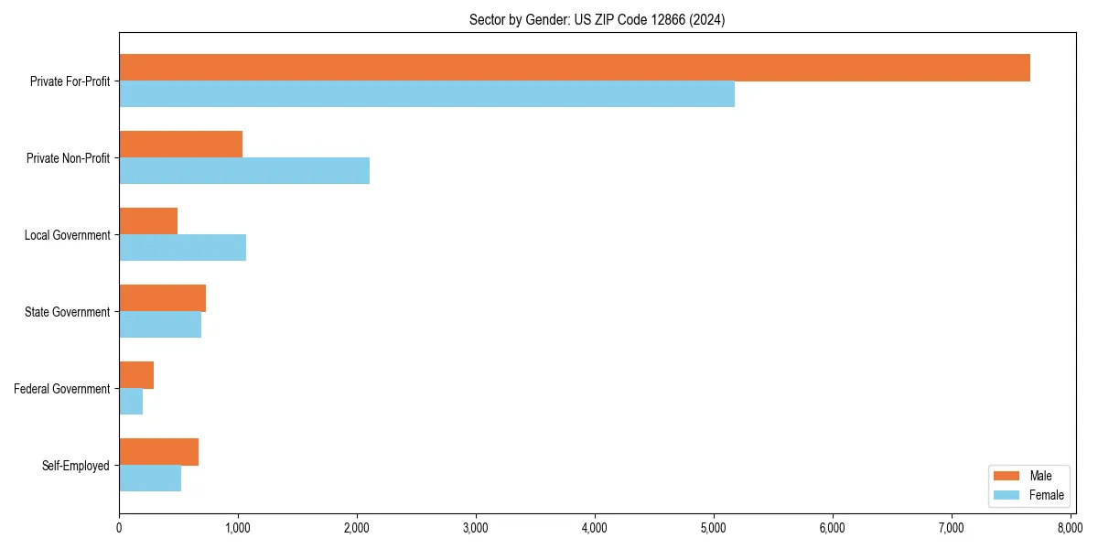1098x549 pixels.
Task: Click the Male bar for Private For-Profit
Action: coord(575,68)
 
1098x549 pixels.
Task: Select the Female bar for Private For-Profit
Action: coord(426,94)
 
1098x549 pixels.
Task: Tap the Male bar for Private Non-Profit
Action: coord(180,145)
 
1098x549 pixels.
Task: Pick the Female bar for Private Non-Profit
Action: coord(244,171)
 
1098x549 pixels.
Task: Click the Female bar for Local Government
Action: coord(182,248)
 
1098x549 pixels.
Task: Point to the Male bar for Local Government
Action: coord(148,221)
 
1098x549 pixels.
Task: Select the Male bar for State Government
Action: coord(162,298)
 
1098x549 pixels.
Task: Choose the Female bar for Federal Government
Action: coord(131,402)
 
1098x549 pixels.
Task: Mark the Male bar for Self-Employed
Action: coord(158,452)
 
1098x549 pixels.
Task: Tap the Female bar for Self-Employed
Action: coord(150,479)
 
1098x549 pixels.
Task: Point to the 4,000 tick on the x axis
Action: coord(595,528)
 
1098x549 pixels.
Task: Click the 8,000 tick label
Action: coord(1070,528)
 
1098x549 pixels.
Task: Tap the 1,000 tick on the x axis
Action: coord(238,528)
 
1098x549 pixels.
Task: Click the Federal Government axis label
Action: coord(62,389)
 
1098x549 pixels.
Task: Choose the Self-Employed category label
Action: coord(76,466)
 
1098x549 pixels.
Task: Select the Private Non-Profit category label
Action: coord(70,158)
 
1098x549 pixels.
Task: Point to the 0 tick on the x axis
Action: coord(119,528)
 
